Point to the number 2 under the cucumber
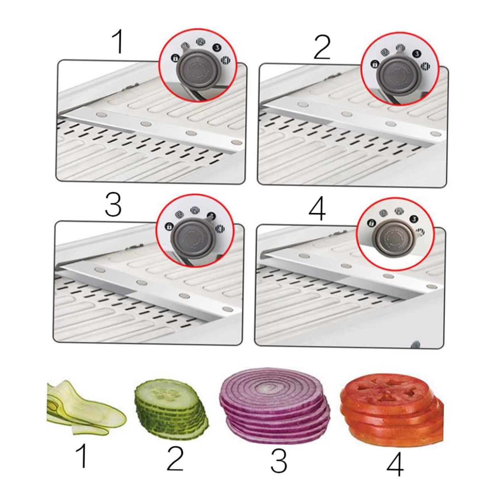[175, 458]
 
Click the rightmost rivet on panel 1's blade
[236, 142]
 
